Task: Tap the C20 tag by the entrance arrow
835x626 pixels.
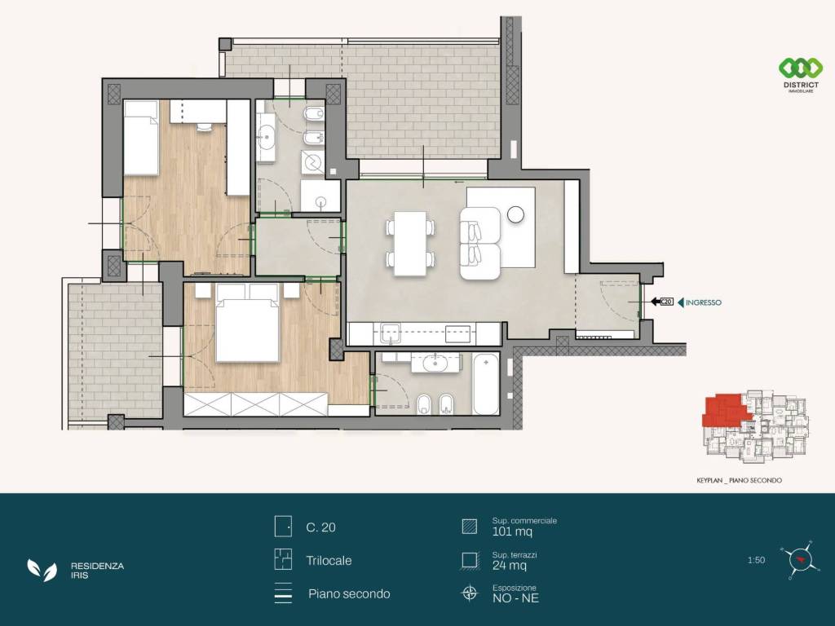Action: [x=667, y=302]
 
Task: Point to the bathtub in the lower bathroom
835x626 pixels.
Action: [x=486, y=383]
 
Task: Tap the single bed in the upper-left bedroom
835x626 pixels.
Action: [x=141, y=138]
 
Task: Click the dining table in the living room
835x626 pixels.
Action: [x=410, y=243]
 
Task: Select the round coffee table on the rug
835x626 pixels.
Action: [x=515, y=214]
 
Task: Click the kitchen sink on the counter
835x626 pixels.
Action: [x=390, y=333]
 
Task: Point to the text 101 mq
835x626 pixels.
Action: [x=512, y=531]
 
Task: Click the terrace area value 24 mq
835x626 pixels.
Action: [x=510, y=566]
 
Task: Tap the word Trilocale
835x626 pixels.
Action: [x=329, y=561]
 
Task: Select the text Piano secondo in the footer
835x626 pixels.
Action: [x=349, y=594]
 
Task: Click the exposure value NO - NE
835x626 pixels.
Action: [x=515, y=598]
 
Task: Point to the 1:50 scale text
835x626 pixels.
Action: [x=756, y=560]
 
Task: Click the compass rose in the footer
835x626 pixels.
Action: [x=797, y=560]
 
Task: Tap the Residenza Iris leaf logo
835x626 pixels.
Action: [x=42, y=570]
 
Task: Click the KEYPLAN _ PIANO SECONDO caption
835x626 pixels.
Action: [x=739, y=480]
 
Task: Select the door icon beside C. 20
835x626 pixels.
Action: [x=283, y=527]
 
